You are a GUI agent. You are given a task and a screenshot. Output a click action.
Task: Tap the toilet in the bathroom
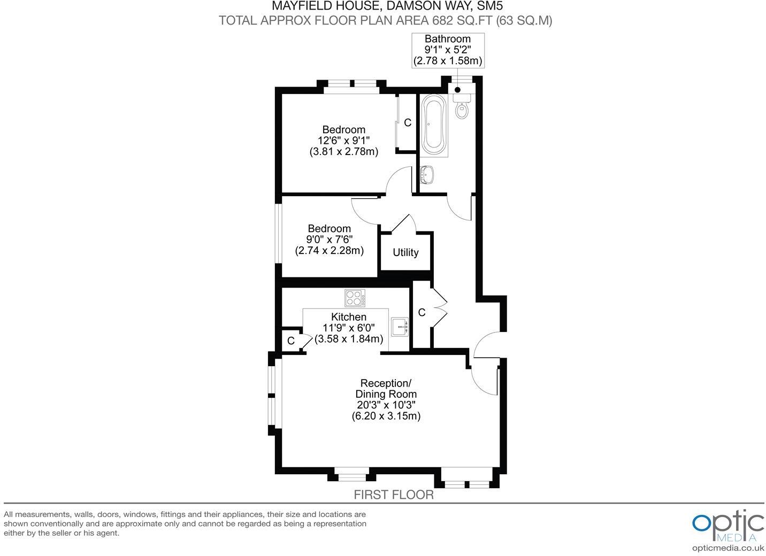click(x=461, y=109)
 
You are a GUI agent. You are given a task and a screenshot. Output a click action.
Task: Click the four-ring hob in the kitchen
click(x=355, y=298)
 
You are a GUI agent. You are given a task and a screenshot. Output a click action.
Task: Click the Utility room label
click(x=405, y=252)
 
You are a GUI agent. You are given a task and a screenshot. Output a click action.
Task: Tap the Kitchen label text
click(x=349, y=317)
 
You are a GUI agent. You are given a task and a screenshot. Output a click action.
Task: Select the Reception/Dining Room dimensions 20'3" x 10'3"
click(x=386, y=405)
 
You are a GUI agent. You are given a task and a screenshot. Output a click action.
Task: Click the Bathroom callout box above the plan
click(x=448, y=50)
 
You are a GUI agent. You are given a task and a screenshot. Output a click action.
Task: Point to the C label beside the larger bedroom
click(x=408, y=123)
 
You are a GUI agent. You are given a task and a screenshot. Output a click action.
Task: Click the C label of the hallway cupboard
click(x=422, y=313)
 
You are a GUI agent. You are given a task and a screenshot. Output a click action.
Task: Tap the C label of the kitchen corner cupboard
click(x=291, y=341)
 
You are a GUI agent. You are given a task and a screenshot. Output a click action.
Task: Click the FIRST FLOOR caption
click(x=394, y=495)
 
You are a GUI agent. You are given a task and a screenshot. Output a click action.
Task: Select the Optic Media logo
click(x=728, y=527)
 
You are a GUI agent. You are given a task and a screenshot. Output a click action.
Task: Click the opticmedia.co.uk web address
click(x=727, y=548)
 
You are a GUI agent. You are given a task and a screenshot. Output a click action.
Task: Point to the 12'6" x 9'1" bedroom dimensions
click(x=343, y=141)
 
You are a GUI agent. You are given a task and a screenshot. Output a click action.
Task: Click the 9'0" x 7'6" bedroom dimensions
click(x=329, y=240)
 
